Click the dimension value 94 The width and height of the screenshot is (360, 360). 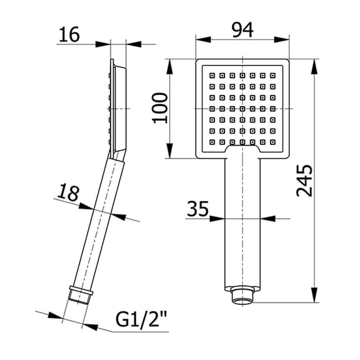pyautogui.click(x=242, y=30)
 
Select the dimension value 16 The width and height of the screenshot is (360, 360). pyautogui.click(x=69, y=35)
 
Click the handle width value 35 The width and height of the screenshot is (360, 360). pyautogui.click(x=198, y=210)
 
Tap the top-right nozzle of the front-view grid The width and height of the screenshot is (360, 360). pyautogui.click(x=274, y=76)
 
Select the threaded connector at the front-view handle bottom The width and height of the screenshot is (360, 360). pyautogui.click(x=242, y=296)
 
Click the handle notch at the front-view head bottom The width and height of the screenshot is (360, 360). pyautogui.click(x=243, y=149)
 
